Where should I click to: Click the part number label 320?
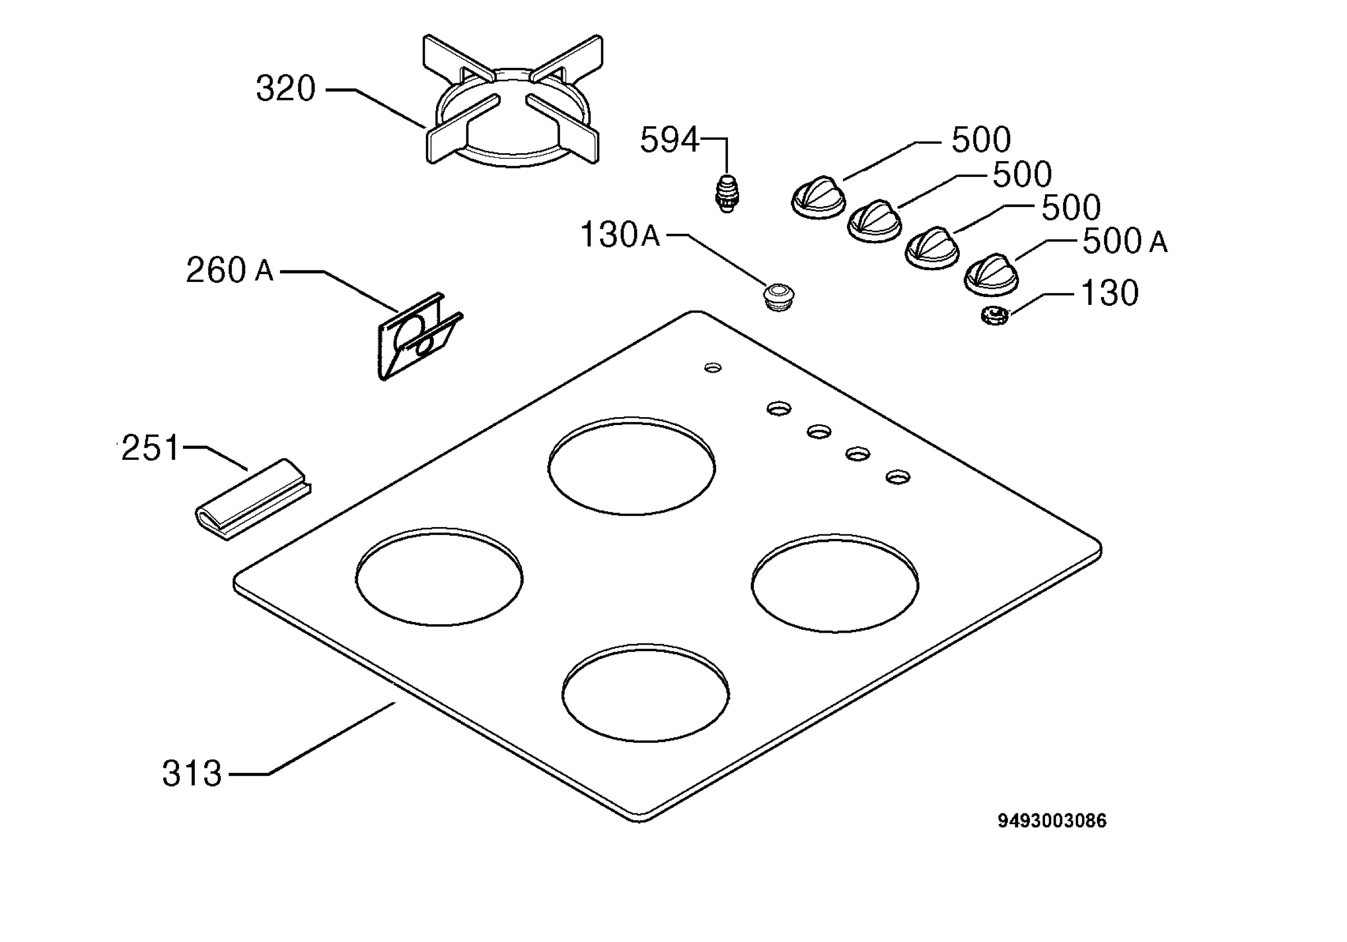286,89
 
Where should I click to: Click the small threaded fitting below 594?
727,193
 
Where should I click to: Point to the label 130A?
620,235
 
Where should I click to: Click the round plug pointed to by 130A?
778,296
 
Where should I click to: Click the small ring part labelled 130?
994,317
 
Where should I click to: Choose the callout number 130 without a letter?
1110,293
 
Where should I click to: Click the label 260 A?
230,270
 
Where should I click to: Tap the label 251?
150,448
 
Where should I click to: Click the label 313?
192,774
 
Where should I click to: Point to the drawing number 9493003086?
1052,821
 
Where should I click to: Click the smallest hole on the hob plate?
713,368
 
